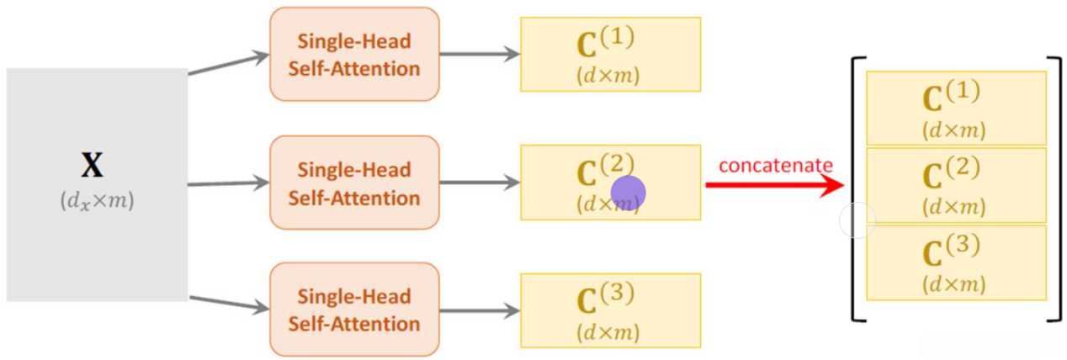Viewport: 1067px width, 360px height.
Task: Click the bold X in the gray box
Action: pyautogui.click(x=92, y=165)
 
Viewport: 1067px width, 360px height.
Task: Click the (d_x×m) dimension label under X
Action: pyautogui.click(x=97, y=202)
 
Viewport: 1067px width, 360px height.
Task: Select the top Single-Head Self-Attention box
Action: pyautogui.click(x=354, y=55)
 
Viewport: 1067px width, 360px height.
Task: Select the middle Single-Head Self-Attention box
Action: pyautogui.click(x=354, y=183)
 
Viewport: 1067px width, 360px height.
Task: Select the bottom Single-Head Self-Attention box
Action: pyautogui.click(x=354, y=309)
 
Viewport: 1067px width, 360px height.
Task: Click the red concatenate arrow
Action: pyautogui.click(x=774, y=184)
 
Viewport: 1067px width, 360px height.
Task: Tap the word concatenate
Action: pyautogui.click(x=775, y=165)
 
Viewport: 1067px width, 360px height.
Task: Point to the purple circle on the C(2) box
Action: pyautogui.click(x=628, y=193)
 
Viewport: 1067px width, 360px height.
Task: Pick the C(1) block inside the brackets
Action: pyautogui.click(x=955, y=108)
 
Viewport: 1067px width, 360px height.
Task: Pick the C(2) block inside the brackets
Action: pyautogui.click(x=955, y=184)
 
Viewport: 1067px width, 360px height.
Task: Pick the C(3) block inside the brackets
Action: pyautogui.click(x=955, y=262)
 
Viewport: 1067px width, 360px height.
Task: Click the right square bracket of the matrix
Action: pyautogui.click(x=1057, y=189)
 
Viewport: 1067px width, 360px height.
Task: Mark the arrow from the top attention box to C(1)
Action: pyautogui.click(x=480, y=55)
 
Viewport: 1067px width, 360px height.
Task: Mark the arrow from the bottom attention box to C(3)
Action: pyautogui.click(x=480, y=310)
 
